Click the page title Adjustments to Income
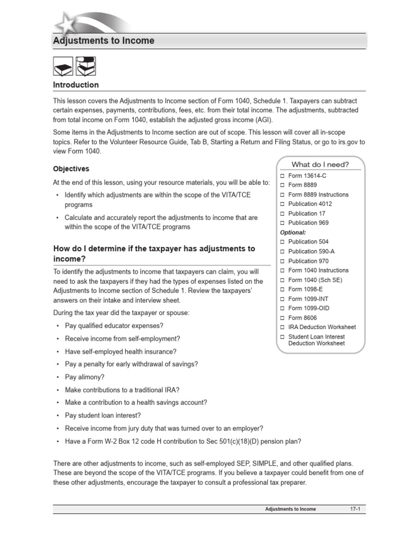(103, 41)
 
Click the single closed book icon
(63, 67)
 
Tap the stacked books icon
(85, 67)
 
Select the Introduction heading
(76, 85)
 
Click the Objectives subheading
(71, 169)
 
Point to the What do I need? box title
(321, 164)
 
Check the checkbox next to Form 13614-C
(282, 176)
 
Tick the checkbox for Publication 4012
(282, 204)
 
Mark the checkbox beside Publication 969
(282, 223)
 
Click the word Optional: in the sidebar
(293, 232)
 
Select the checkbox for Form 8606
(282, 318)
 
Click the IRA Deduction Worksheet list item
(322, 327)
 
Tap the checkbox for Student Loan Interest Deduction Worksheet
(282, 337)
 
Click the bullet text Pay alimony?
(85, 377)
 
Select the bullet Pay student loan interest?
(103, 415)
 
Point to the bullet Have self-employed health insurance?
(120, 352)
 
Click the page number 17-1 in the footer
(355, 509)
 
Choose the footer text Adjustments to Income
(290, 509)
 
